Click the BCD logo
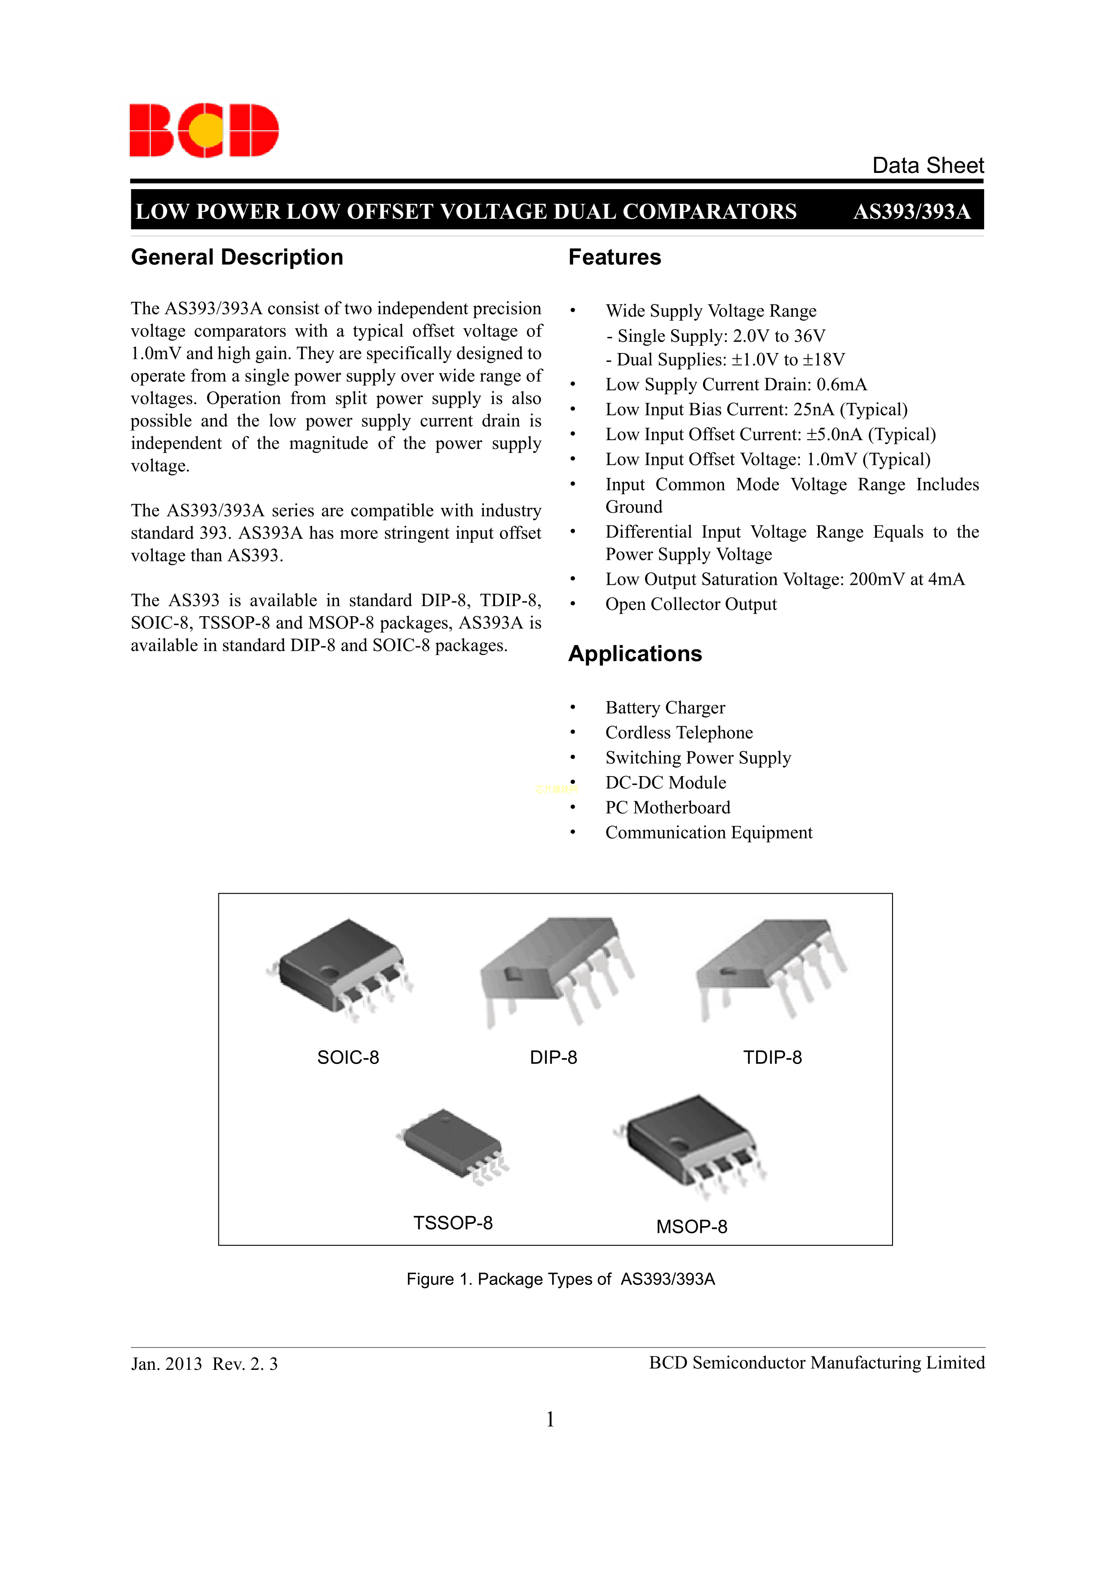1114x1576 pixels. point(204,130)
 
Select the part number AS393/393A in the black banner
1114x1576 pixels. point(911,212)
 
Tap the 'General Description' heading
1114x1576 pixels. point(237,257)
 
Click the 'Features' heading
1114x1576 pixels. point(614,257)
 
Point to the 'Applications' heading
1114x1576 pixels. point(635,653)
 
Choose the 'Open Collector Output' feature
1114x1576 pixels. point(690,605)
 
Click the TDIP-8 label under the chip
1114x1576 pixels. point(772,1058)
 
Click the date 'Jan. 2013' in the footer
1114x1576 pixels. point(166,1364)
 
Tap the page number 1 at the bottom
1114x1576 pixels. point(550,1420)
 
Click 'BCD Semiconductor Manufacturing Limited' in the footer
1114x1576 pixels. point(816,1363)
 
